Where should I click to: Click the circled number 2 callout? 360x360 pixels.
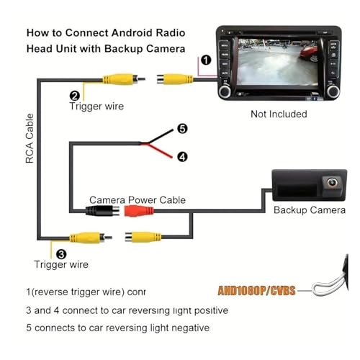coord(74,95)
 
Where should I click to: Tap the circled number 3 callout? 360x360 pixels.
coord(60,253)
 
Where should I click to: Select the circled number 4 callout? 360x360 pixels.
coord(182,156)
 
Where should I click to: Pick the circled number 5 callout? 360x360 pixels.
coord(182,130)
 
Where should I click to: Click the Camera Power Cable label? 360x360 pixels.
coord(137,199)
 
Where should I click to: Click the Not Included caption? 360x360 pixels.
coord(278,114)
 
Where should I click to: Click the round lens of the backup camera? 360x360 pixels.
coord(333,184)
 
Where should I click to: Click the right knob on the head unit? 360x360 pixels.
coord(333,92)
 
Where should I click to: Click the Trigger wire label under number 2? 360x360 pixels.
coord(96,107)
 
